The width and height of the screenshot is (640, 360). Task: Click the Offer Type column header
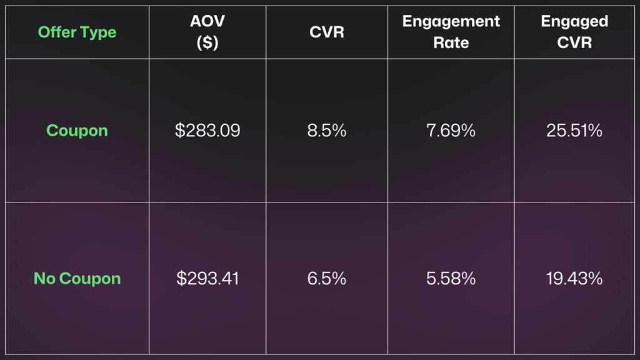(77, 32)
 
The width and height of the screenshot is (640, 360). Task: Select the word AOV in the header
(207, 22)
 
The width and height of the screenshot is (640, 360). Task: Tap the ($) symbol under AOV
(207, 43)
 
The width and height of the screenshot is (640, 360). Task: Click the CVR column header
(327, 32)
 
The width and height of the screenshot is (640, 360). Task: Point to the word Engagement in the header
(451, 22)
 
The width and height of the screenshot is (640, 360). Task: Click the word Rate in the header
(451, 43)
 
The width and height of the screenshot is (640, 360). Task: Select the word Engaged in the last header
(574, 22)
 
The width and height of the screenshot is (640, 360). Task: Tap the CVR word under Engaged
(574, 43)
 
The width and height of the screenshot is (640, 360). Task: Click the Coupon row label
(77, 131)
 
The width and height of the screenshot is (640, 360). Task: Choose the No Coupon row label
(77, 279)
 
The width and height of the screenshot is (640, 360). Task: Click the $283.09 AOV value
(207, 131)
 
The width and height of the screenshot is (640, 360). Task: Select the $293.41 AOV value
(207, 279)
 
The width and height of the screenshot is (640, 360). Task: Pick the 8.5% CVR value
(327, 131)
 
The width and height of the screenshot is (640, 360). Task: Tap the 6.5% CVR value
(327, 279)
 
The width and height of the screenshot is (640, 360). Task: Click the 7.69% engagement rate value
(451, 131)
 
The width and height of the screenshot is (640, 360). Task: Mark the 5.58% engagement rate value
(451, 279)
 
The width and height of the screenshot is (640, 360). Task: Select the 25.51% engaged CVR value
(574, 131)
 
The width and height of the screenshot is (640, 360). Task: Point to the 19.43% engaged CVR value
(574, 279)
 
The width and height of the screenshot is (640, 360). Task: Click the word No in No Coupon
(44, 279)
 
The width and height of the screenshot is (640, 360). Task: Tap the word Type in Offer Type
(99, 32)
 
